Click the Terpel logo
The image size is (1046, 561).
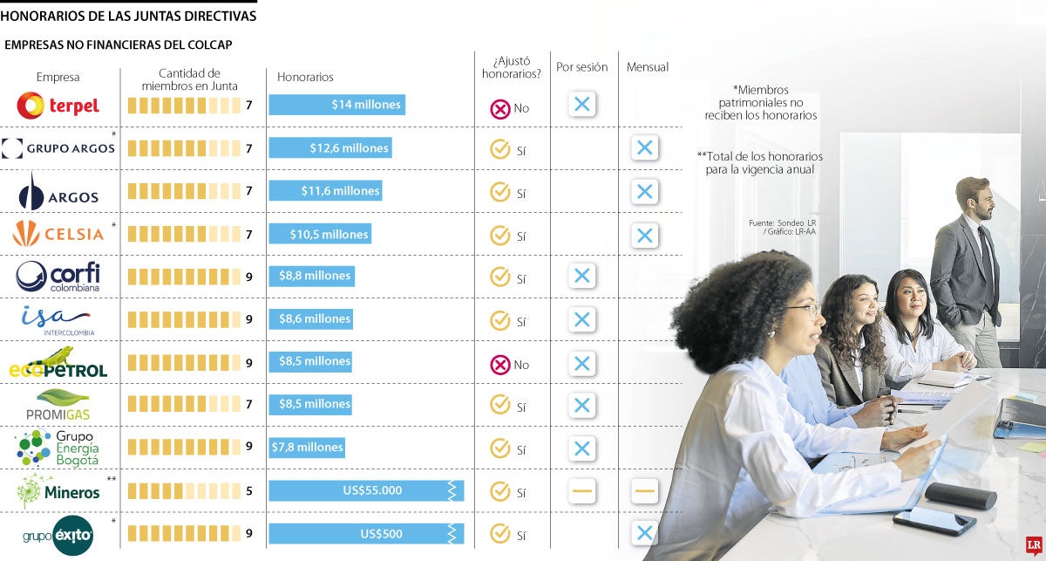point(58,106)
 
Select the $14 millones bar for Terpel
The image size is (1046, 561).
point(336,105)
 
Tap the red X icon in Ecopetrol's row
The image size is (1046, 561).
point(499,365)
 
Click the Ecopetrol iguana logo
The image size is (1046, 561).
point(58,362)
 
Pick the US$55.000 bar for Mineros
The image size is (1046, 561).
point(365,490)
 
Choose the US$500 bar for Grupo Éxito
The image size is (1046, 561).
point(365,533)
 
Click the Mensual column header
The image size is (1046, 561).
point(647,67)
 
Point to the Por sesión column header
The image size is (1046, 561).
point(582,67)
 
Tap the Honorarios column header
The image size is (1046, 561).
point(305,77)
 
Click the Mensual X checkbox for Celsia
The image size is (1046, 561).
point(644,236)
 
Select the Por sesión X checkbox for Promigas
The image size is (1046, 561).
point(582,406)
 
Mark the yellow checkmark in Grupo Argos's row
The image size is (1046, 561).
point(499,149)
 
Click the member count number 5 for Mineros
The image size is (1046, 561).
point(249,491)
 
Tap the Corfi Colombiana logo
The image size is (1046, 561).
point(58,277)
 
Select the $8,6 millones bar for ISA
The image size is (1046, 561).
point(310,319)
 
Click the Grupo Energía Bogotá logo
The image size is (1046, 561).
point(58,448)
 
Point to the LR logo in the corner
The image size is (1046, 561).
point(1033,546)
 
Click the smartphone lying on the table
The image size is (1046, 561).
point(934,521)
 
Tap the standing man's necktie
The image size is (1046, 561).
point(985,253)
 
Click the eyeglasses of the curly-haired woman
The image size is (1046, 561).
point(803,309)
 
